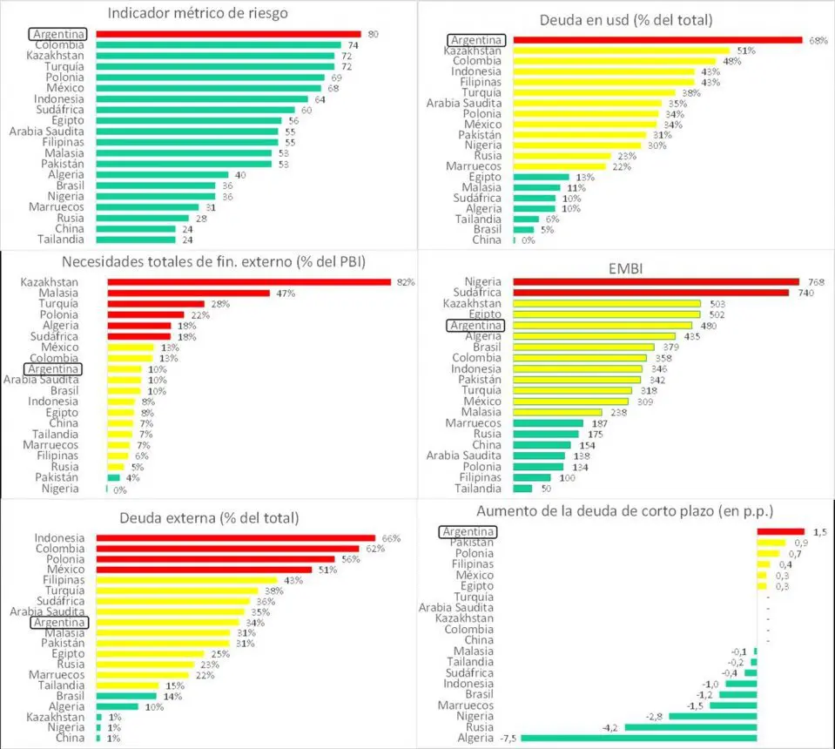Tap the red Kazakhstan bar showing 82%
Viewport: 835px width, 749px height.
[248, 282]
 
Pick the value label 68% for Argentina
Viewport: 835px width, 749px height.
[816, 39]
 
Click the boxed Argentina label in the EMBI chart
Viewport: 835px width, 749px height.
[475, 325]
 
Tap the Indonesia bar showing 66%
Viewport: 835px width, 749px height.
[235, 538]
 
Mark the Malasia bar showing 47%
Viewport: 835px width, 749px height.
[188, 294]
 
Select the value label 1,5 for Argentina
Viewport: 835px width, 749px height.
[818, 531]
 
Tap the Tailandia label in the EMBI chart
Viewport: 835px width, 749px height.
[476, 488]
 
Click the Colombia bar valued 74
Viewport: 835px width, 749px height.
[218, 44]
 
